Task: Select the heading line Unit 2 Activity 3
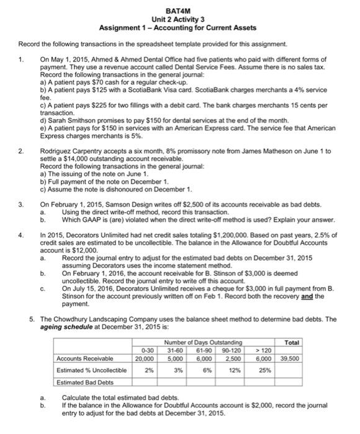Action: click(179, 20)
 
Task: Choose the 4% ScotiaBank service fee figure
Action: click(312, 89)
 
